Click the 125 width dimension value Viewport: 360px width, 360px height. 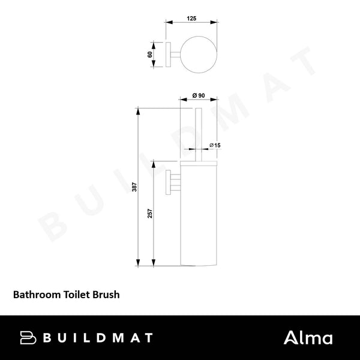[191, 19]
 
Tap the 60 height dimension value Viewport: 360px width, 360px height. [149, 54]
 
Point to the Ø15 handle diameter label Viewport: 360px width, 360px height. [215, 145]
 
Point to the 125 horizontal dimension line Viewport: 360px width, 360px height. [191, 24]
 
